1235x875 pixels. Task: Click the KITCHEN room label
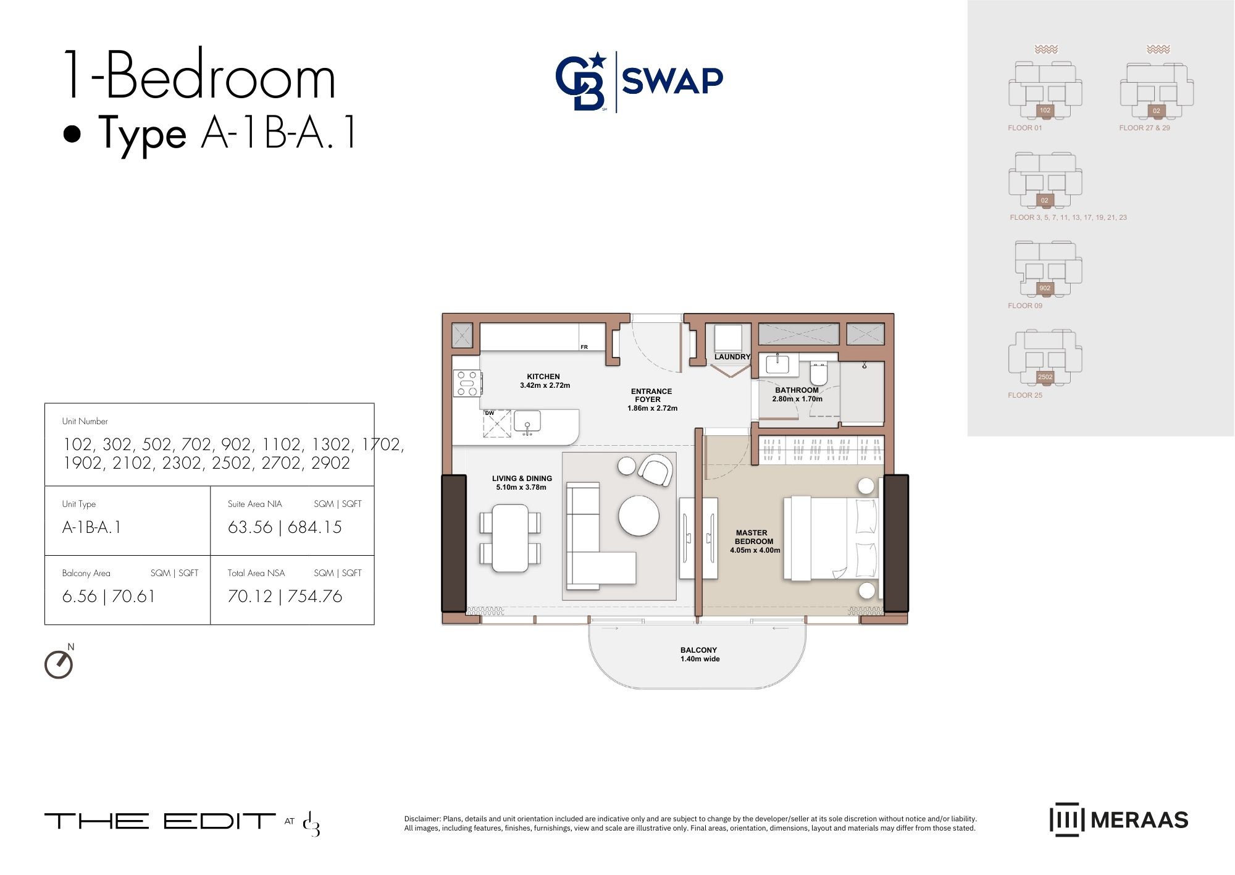pos(543,377)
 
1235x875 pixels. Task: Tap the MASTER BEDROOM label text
pos(753,537)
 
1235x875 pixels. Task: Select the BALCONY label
pos(698,650)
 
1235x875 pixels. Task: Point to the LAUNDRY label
pos(732,357)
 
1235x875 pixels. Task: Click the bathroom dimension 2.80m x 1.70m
pos(797,399)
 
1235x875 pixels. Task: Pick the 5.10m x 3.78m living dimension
pos(521,487)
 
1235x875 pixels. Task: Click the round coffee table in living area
pos(639,516)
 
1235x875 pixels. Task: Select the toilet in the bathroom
pos(819,374)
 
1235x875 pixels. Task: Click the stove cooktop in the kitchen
pos(467,383)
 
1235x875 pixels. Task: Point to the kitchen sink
pos(527,422)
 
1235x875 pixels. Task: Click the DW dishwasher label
pos(489,413)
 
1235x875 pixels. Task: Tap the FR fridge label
pos(584,347)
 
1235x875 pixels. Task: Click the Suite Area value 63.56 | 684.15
pos(285,527)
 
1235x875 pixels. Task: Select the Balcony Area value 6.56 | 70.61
pos(109,597)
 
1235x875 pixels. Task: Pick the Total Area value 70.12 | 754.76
pos(285,597)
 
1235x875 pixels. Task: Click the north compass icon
pos(59,664)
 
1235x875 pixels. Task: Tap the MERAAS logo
pos(1119,820)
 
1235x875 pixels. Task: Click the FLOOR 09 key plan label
pos(1025,306)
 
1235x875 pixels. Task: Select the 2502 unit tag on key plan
pos(1045,377)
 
